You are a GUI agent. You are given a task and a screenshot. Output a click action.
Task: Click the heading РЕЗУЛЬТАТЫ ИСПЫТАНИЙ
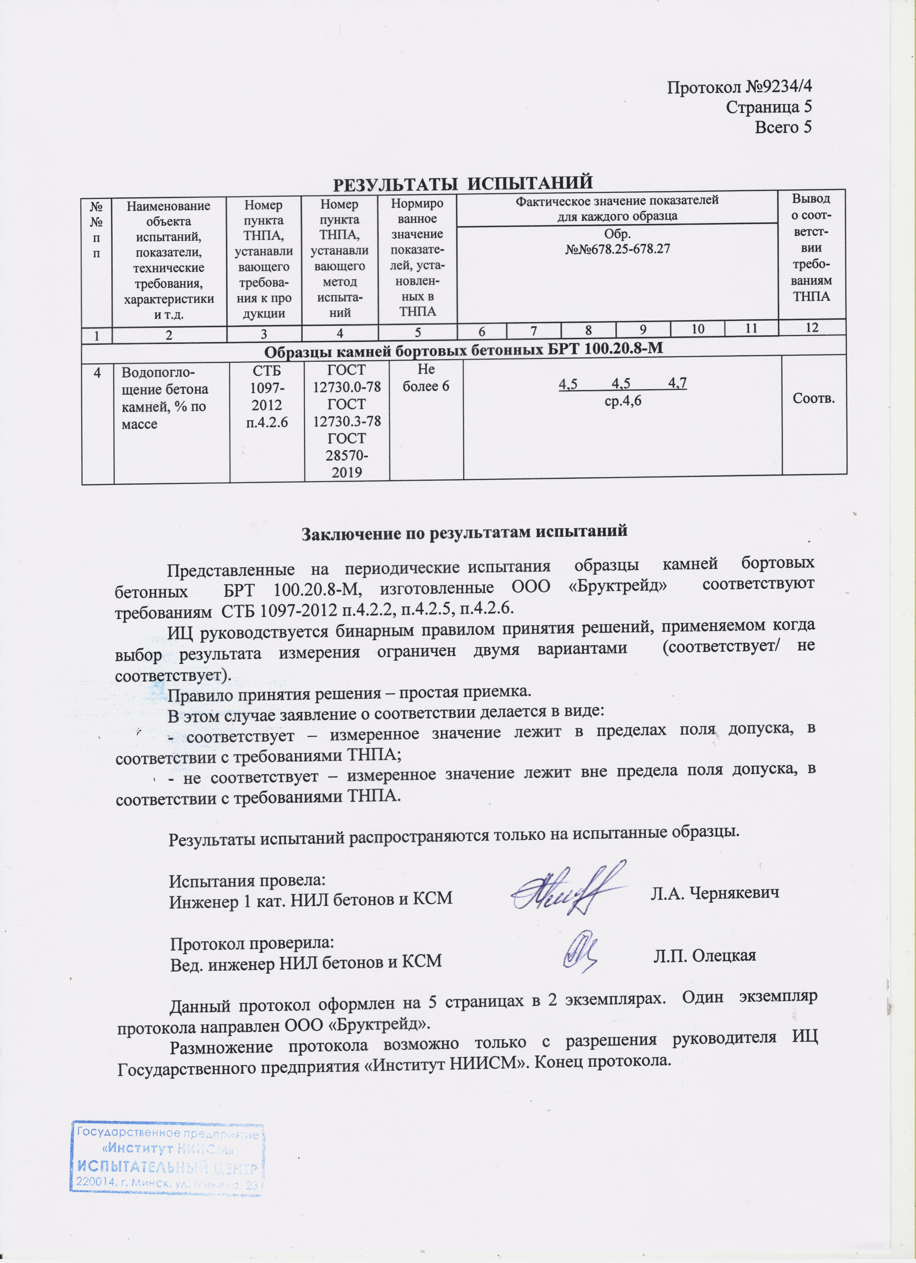point(462,183)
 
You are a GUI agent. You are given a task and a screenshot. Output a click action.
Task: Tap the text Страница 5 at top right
point(768,107)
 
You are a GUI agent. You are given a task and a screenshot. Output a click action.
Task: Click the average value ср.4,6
point(623,400)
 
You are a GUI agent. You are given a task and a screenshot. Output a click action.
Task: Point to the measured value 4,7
point(677,383)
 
